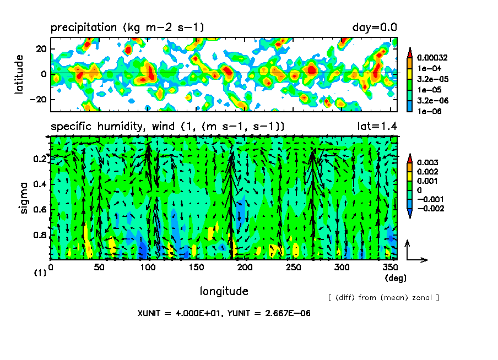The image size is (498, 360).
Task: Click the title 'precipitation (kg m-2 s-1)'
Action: click(128, 28)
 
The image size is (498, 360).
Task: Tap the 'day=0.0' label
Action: click(375, 28)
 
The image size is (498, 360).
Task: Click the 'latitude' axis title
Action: click(19, 74)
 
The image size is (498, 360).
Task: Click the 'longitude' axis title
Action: click(224, 291)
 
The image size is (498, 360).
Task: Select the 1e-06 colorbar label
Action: click(426, 111)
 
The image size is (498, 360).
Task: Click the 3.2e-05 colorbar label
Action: click(429, 79)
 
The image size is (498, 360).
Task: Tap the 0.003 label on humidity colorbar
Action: click(427, 162)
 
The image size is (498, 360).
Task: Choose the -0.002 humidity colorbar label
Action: click(430, 208)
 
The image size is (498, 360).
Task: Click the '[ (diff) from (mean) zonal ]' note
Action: click(383, 298)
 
